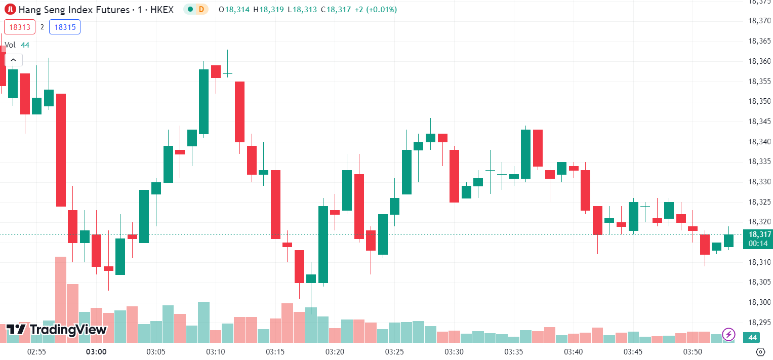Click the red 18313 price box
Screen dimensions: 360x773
tap(20, 27)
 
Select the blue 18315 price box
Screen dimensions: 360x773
tap(65, 27)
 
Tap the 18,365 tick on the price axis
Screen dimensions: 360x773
tap(759, 41)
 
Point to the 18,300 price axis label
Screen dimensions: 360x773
tap(759, 302)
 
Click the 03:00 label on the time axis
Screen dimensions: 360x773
tap(96, 351)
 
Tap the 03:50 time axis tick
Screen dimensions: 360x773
tap(693, 351)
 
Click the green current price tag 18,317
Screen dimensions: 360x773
tap(757, 234)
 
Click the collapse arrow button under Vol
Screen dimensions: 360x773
tap(14, 60)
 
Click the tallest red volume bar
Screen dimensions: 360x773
tap(61, 299)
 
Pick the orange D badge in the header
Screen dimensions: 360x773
tap(201, 9)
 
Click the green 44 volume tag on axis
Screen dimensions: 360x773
tap(752, 337)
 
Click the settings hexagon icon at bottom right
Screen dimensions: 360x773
tap(760, 351)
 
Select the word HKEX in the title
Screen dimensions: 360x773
tap(162, 9)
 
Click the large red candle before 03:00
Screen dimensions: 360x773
tap(61, 150)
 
